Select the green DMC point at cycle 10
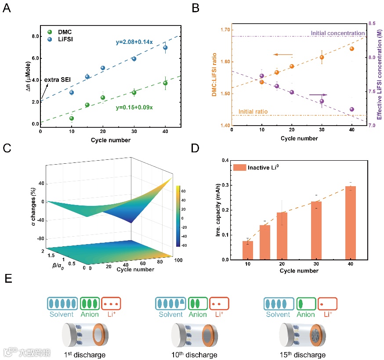[x=72, y=118]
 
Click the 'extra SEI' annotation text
[x=57, y=80]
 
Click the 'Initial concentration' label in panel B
[x=337, y=33]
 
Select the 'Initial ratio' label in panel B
[x=253, y=112]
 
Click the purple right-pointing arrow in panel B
[x=318, y=94]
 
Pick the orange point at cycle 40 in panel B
[x=351, y=49]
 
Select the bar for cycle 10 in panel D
[x=248, y=250]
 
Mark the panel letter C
[x=7, y=148]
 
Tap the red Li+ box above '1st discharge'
[x=111, y=303]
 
